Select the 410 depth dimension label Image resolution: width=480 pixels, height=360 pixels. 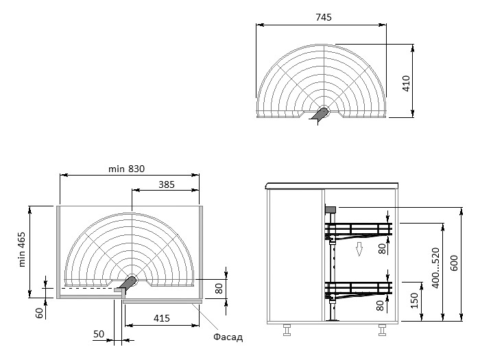[x=406, y=84]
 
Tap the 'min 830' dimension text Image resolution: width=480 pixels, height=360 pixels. [x=127, y=169]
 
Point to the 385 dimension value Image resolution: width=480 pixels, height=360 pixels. [x=166, y=184]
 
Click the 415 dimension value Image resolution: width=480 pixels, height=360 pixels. [x=161, y=319]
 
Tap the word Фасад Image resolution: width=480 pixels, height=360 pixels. [x=228, y=337]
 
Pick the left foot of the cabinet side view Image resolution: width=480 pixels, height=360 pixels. [x=286, y=331]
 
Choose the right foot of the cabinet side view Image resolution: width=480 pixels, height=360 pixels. [x=382, y=331]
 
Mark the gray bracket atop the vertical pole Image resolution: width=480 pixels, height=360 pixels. [x=330, y=209]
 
